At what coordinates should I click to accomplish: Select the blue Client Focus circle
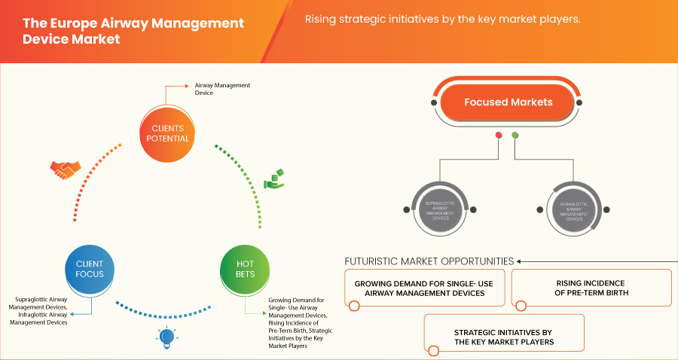point(90,268)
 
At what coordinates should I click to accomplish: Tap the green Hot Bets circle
point(246,268)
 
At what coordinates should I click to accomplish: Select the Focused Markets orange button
point(508,102)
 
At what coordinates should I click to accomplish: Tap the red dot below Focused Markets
point(498,136)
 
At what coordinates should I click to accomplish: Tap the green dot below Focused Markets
point(515,136)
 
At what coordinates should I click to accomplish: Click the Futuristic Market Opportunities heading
point(429,261)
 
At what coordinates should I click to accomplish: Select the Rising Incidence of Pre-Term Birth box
point(591,288)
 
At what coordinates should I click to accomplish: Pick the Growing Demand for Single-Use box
point(425,288)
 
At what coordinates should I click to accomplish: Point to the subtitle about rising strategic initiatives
point(442,20)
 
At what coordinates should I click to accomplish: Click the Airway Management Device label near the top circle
point(222,89)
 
